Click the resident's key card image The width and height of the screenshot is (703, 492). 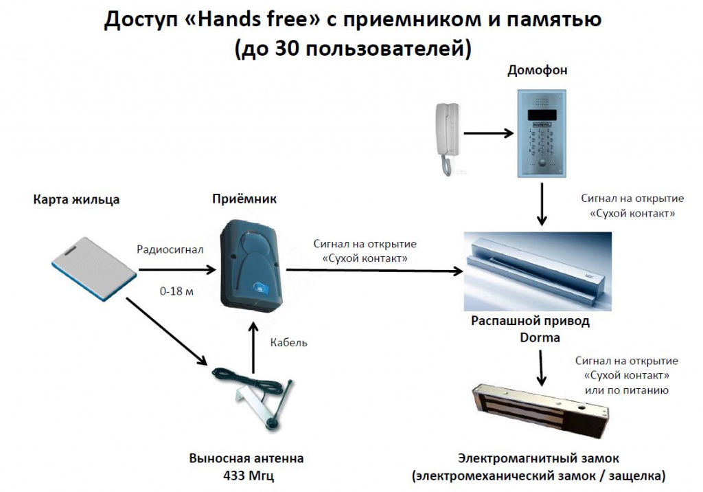(x=94, y=269)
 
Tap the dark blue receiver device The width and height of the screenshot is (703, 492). (x=251, y=266)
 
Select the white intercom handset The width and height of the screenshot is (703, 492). (x=446, y=138)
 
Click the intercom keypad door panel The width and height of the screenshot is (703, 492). (x=542, y=134)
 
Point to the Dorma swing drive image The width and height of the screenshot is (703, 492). (x=538, y=271)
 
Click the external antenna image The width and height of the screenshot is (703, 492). (x=253, y=399)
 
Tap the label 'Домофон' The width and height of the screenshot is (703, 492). (x=537, y=70)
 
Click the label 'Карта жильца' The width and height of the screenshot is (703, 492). (x=76, y=199)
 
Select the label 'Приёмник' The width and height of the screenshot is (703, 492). (x=244, y=199)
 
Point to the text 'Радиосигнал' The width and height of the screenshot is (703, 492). (x=170, y=249)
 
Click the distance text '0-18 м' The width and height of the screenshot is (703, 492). (x=176, y=291)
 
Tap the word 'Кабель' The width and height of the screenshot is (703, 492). (x=289, y=342)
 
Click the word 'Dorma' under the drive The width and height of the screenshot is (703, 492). (x=540, y=337)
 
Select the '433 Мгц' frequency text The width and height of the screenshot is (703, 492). (x=249, y=476)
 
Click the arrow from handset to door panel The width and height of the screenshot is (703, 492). (x=489, y=133)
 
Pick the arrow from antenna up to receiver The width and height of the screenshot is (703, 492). (x=253, y=347)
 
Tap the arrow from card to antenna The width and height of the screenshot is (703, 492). (x=168, y=331)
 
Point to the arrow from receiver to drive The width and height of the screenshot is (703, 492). (x=374, y=270)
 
